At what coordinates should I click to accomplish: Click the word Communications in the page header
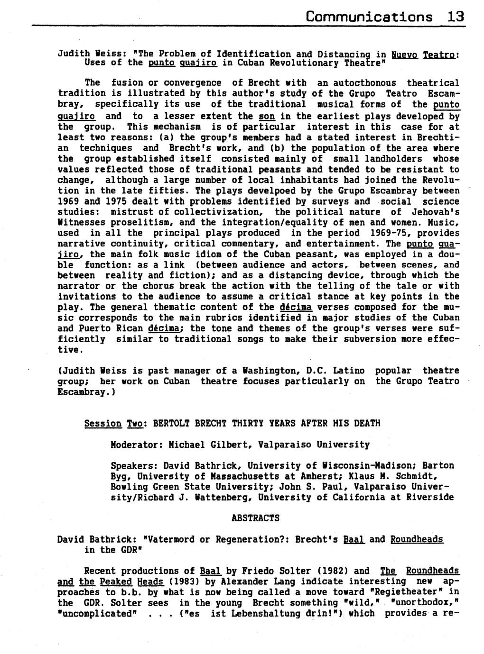tap(369, 17)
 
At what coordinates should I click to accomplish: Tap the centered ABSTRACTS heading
tap(255, 518)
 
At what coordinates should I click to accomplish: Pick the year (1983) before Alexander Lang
tap(186, 581)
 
